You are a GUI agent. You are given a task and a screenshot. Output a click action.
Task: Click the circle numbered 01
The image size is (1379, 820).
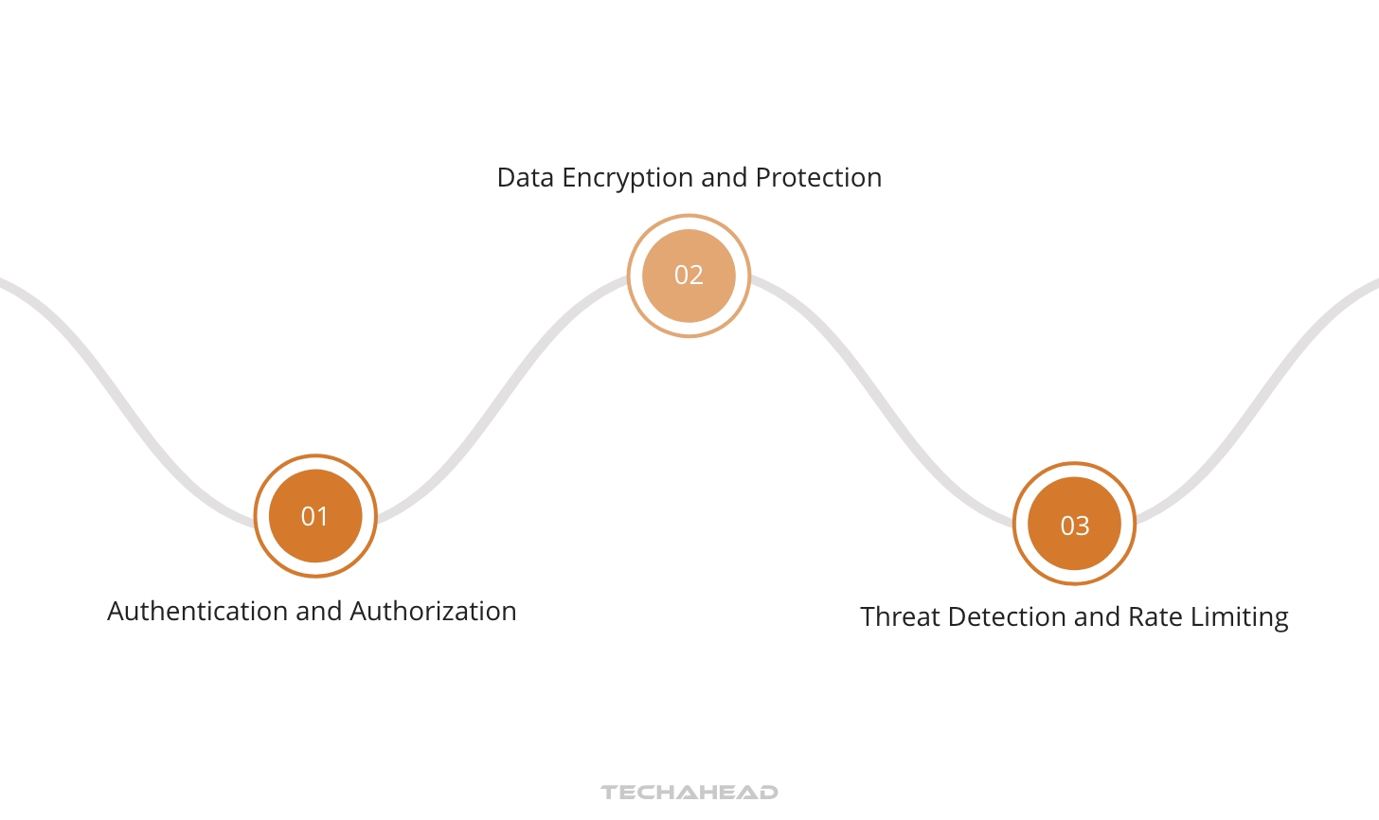pos(315,516)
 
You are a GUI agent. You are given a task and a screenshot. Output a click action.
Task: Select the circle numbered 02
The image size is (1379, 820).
pos(689,276)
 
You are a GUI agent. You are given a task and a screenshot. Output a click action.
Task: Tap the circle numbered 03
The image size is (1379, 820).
pos(1074,525)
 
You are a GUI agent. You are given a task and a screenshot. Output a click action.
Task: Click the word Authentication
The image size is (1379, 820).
pos(198,612)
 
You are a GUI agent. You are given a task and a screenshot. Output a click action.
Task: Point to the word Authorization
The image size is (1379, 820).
pos(433,612)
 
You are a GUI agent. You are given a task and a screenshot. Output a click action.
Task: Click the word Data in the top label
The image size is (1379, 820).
pos(526,178)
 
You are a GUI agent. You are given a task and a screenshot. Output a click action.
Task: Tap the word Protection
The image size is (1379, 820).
pos(818,178)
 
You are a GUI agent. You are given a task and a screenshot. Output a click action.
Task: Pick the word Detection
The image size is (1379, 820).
pos(1007,617)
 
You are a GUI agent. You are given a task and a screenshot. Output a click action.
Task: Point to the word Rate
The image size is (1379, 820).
pos(1155,617)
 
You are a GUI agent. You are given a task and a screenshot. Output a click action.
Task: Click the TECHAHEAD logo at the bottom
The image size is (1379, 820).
pos(689,792)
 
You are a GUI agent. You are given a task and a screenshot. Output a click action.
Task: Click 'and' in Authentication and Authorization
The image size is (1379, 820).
pos(318,612)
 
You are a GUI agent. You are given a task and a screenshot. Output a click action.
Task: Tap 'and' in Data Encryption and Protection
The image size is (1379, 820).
pos(725,178)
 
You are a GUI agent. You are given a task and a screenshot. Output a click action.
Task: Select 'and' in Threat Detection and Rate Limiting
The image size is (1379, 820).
pos(1098,617)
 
